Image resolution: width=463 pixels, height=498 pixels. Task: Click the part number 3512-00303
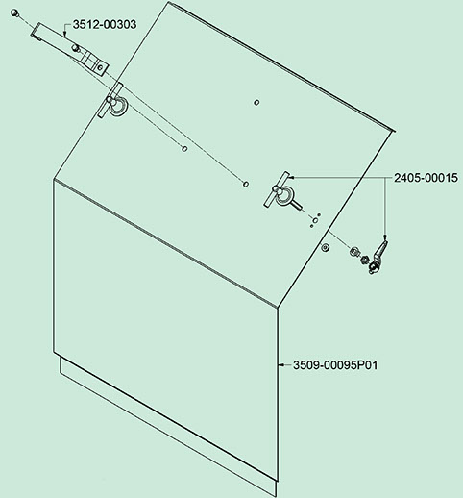point(105,24)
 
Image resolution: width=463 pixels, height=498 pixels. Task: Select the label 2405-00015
point(426,178)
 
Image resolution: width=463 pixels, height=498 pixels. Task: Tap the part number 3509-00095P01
point(335,365)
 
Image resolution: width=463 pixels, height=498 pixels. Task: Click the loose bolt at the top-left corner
point(13,13)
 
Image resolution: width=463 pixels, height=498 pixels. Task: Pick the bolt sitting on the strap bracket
point(76,48)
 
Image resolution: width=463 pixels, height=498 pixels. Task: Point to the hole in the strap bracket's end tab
point(100,67)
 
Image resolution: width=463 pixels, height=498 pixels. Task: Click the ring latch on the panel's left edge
point(117,106)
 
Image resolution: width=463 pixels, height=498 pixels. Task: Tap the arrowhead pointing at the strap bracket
point(64,34)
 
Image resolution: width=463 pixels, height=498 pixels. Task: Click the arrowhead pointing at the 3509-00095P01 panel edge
point(280,364)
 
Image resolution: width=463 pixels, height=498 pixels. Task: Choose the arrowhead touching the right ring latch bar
point(291,177)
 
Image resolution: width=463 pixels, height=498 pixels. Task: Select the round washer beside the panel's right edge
point(325,247)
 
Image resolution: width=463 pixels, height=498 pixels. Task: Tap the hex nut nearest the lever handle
point(364,259)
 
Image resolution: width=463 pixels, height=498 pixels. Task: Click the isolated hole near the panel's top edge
point(256,103)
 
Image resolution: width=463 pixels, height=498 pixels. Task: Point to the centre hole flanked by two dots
point(315,220)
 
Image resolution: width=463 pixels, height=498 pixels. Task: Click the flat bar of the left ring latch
point(110,100)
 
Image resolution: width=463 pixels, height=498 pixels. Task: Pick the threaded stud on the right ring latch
point(298,207)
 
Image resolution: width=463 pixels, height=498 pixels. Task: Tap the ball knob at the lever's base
point(374,268)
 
